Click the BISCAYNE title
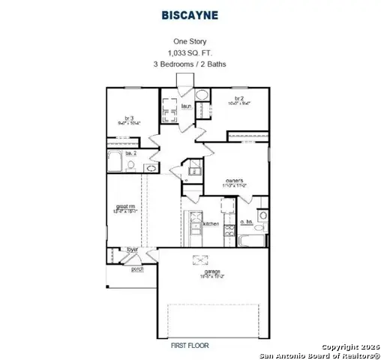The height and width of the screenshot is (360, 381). [x=190, y=13]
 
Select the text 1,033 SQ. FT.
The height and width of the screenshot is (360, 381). [x=190, y=52]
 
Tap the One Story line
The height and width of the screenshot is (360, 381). [x=190, y=42]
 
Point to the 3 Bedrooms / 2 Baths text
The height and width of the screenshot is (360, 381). [x=190, y=64]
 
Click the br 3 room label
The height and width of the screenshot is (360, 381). [x=129, y=118]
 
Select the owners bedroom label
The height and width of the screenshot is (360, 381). [x=233, y=181]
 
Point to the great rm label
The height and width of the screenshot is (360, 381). [x=124, y=209]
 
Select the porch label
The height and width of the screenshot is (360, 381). [x=138, y=268]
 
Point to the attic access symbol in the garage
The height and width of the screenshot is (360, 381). [x=200, y=259]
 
